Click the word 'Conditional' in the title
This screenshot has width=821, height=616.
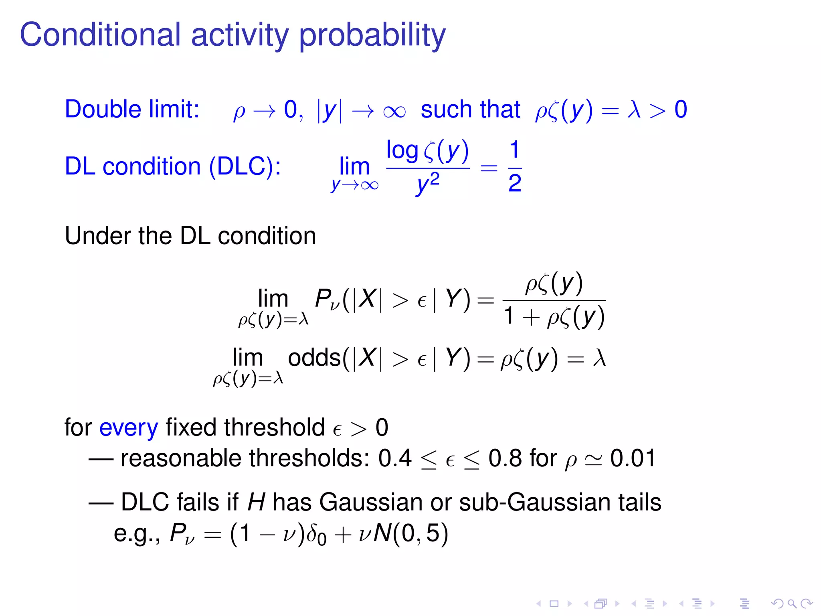pyautogui.click(x=100, y=35)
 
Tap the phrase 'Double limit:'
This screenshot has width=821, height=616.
pyautogui.click(x=132, y=109)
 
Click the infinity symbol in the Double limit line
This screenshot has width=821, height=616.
pyautogui.click(x=394, y=111)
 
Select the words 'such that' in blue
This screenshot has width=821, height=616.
pyautogui.click(x=470, y=109)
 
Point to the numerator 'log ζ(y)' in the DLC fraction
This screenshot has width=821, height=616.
pyautogui.click(x=427, y=151)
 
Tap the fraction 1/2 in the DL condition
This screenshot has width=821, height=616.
pyautogui.click(x=515, y=166)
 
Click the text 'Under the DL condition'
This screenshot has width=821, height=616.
pyautogui.click(x=190, y=235)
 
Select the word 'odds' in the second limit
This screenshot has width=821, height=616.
pyautogui.click(x=314, y=357)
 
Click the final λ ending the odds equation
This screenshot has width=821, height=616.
pyautogui.click(x=599, y=357)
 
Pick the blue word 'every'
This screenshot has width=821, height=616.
pyautogui.click(x=129, y=428)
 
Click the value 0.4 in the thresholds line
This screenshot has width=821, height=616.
pyautogui.click(x=395, y=458)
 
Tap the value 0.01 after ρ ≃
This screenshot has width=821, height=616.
pyautogui.click(x=633, y=458)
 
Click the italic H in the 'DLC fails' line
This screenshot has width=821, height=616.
pyautogui.click(x=256, y=502)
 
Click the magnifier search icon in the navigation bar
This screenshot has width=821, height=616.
pyautogui.click(x=792, y=603)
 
